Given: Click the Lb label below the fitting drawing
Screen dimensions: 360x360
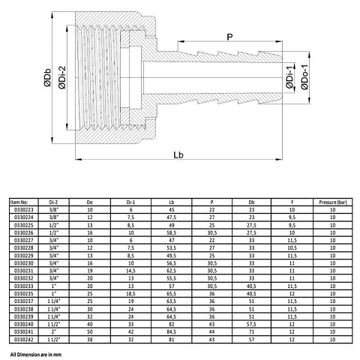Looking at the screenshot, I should click(x=178, y=155).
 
